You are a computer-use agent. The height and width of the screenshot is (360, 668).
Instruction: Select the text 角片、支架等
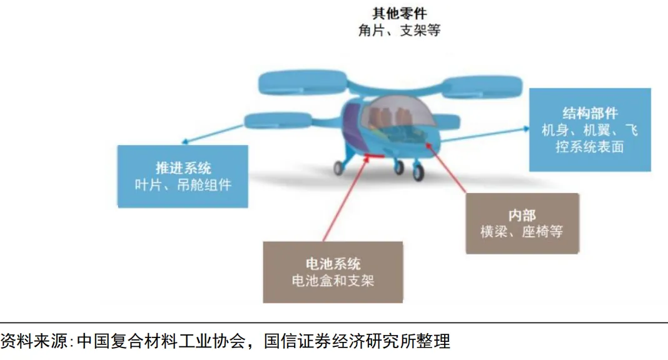398,30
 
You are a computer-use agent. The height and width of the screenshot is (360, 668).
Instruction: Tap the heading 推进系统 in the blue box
183,167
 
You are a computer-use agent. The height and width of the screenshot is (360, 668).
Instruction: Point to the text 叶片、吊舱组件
183,185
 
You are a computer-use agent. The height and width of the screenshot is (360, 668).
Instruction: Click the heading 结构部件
590,113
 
